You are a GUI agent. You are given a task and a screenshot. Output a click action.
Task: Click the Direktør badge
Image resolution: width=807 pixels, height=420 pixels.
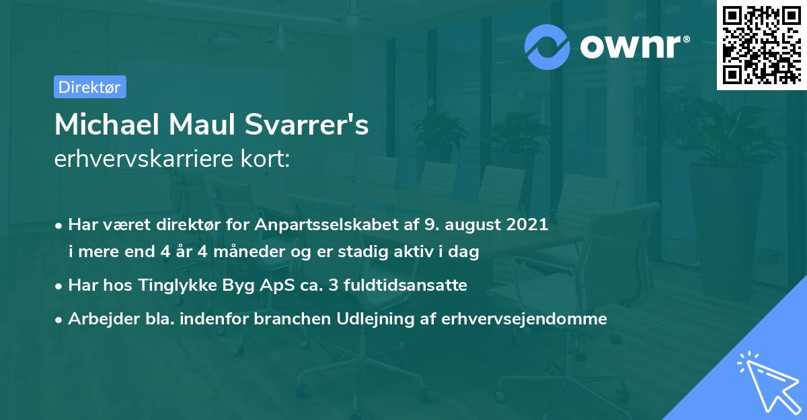pos(89,87)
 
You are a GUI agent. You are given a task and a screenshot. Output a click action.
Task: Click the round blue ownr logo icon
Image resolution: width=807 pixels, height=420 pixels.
pos(548,46)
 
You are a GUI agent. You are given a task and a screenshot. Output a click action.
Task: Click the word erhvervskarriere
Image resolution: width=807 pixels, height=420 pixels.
pos(138,160)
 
